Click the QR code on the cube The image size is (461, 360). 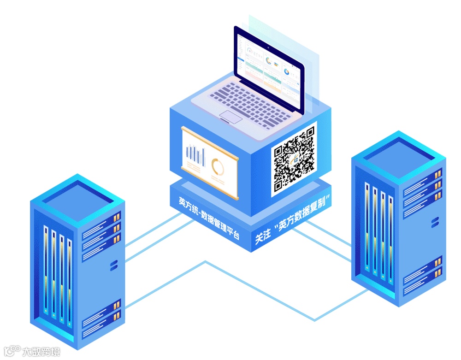pyautogui.click(x=294, y=159)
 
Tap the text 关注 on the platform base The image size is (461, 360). pyautogui.click(x=263, y=237)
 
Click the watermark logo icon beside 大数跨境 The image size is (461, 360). pyautogui.click(x=12, y=351)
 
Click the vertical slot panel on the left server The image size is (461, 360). pyautogui.click(x=57, y=274)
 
